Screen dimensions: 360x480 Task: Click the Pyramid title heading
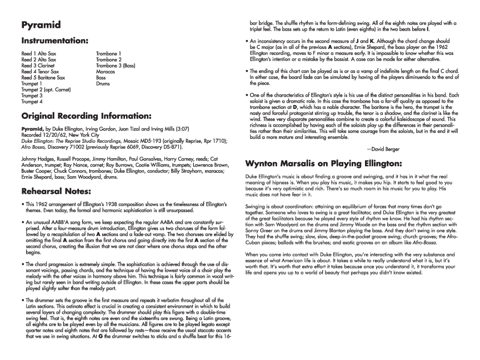pos(41,25)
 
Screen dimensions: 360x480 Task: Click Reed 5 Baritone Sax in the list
pos(43,78)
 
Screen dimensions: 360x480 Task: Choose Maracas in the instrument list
pos(105,72)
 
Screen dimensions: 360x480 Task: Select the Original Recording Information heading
pos(86,117)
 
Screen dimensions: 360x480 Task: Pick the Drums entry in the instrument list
pos(102,84)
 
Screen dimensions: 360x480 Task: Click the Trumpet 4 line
pos(32,102)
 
